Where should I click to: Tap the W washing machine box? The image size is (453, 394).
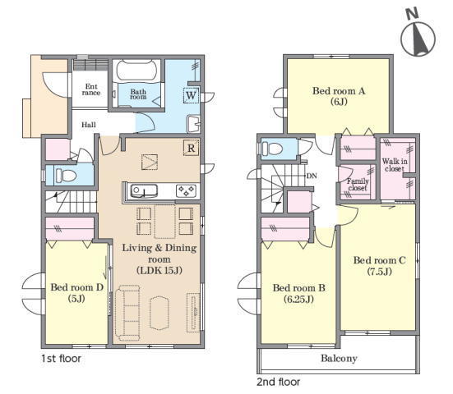(x=191, y=95)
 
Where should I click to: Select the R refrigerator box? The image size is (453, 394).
(x=191, y=148)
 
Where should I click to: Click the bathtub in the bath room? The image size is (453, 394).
(x=136, y=71)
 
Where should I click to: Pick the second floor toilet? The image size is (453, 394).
(x=272, y=149)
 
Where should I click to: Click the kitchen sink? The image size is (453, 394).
(x=144, y=191)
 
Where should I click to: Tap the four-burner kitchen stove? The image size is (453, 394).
(x=186, y=191)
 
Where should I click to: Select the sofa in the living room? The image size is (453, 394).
(x=127, y=312)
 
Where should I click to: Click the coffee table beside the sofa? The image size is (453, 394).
(x=159, y=313)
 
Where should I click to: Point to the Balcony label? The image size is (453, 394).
(x=339, y=359)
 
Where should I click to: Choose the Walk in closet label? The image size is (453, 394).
(x=395, y=165)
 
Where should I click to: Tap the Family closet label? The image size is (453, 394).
(x=358, y=185)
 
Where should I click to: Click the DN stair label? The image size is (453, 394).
(x=312, y=176)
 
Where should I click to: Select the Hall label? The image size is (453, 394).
(x=89, y=125)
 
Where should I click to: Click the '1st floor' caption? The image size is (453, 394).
(x=61, y=359)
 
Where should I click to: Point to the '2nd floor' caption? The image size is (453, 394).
(x=279, y=382)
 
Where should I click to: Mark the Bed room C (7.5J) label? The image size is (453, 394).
(x=380, y=266)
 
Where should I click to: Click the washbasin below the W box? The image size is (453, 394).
(x=193, y=123)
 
